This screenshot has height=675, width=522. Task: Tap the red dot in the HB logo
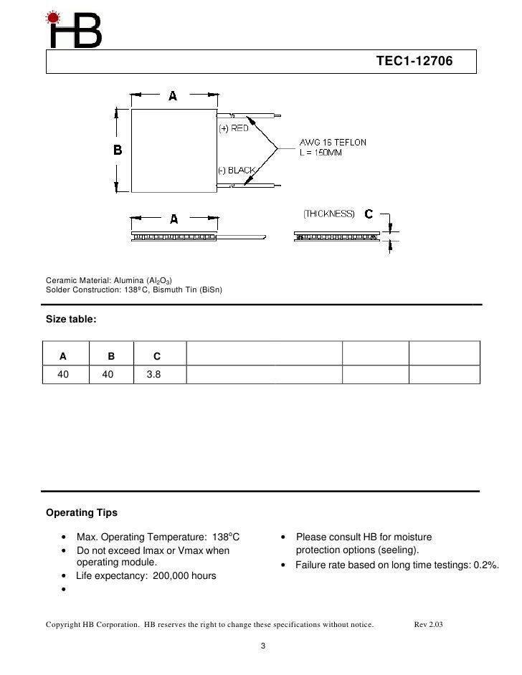pyautogui.click(x=53, y=17)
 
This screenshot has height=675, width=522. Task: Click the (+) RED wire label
pyautogui.click(x=233, y=128)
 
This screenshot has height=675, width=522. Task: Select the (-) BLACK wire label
pyautogui.click(x=237, y=170)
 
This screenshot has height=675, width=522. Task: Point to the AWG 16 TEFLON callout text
pyautogui.click(x=332, y=142)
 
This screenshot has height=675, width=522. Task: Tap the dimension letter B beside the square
pyautogui.click(x=118, y=150)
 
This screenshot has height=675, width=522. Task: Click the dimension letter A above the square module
pyautogui.click(x=173, y=96)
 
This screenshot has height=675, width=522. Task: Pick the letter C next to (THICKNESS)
pyautogui.click(x=368, y=214)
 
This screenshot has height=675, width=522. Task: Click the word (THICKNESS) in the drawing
pyautogui.click(x=329, y=214)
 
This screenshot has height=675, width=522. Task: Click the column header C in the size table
pyautogui.click(x=157, y=355)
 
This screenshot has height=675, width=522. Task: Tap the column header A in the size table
pyautogui.click(x=63, y=355)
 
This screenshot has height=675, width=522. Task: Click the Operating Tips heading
pyautogui.click(x=81, y=513)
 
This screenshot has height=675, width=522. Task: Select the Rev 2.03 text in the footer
pyautogui.click(x=429, y=625)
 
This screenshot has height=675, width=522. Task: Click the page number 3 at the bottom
pyautogui.click(x=263, y=648)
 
